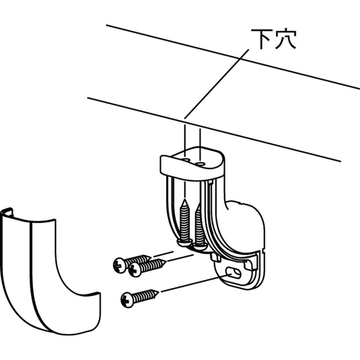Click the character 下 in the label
coord(261,39)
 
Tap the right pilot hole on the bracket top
coord(200,163)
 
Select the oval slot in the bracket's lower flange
coord(233,273)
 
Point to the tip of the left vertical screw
coord(184,200)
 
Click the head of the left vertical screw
coord(184,242)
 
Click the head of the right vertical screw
coord(200,247)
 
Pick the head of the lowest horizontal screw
coord(128,300)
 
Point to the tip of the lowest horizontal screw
coord(158,292)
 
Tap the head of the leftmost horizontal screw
coord(120,265)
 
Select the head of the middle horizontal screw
coord(135,270)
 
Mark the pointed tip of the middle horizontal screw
coord(165,261)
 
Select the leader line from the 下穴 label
coord(217,84)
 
